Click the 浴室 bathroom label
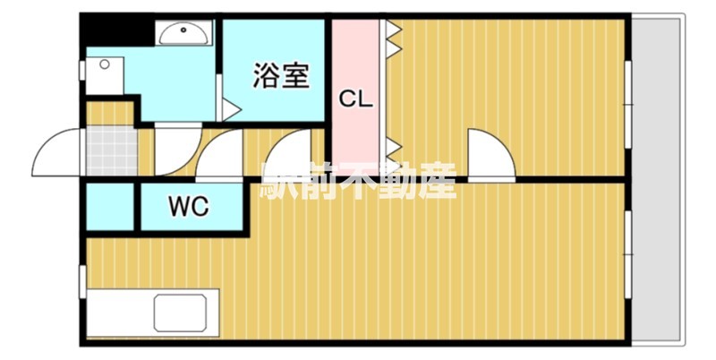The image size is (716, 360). pyautogui.click(x=281, y=75)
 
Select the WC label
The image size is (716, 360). pyautogui.click(x=189, y=207)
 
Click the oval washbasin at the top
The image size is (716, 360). pyautogui.click(x=185, y=33)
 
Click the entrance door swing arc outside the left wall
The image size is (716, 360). pyautogui.click(x=55, y=154)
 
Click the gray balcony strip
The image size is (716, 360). pyautogui.click(x=657, y=179)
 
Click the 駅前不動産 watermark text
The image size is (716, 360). pyautogui.click(x=358, y=182)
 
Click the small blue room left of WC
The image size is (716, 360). pyautogui.click(x=109, y=208)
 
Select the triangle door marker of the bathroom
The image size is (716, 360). pyautogui.click(x=231, y=109)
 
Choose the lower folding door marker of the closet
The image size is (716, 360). pyautogui.click(x=393, y=150)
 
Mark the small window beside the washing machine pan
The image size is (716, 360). pyautogui.click(x=82, y=70)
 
